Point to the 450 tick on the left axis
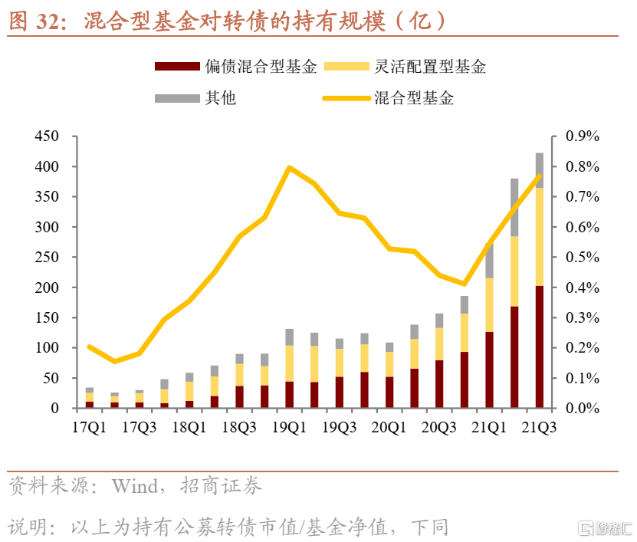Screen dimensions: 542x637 [x=47, y=136]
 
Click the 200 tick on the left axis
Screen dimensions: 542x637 [x=47, y=287]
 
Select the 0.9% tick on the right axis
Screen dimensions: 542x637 [x=582, y=136]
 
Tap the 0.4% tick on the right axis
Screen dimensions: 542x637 [x=582, y=287]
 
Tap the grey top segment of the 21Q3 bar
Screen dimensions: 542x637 [x=539, y=169]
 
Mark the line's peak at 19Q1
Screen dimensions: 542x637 [x=289, y=167]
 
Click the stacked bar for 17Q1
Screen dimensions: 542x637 [x=90, y=398]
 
